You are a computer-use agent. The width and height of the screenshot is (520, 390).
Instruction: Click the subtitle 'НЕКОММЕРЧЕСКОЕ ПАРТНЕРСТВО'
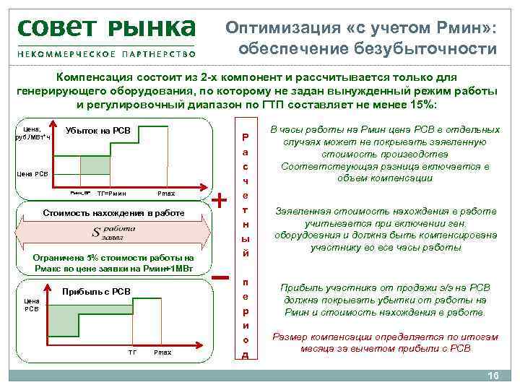(x=106, y=55)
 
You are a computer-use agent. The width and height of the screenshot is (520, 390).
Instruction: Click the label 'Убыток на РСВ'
(x=97, y=130)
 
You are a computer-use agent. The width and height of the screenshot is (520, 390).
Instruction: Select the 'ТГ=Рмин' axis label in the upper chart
(x=111, y=194)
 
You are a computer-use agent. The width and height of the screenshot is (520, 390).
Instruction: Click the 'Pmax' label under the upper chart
(x=165, y=194)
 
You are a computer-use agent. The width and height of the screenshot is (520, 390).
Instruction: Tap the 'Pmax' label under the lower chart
(x=162, y=352)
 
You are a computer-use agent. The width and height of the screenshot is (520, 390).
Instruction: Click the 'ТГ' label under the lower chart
(x=132, y=352)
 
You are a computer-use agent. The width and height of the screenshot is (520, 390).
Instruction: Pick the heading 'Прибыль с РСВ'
(x=97, y=291)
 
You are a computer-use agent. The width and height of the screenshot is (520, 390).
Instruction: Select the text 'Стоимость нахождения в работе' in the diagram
(x=115, y=213)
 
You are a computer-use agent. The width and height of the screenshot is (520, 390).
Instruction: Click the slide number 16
(x=494, y=376)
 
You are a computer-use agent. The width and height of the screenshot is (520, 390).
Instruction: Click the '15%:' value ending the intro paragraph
(x=423, y=104)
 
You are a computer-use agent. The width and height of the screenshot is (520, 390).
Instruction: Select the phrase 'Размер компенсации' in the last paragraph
(x=316, y=337)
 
